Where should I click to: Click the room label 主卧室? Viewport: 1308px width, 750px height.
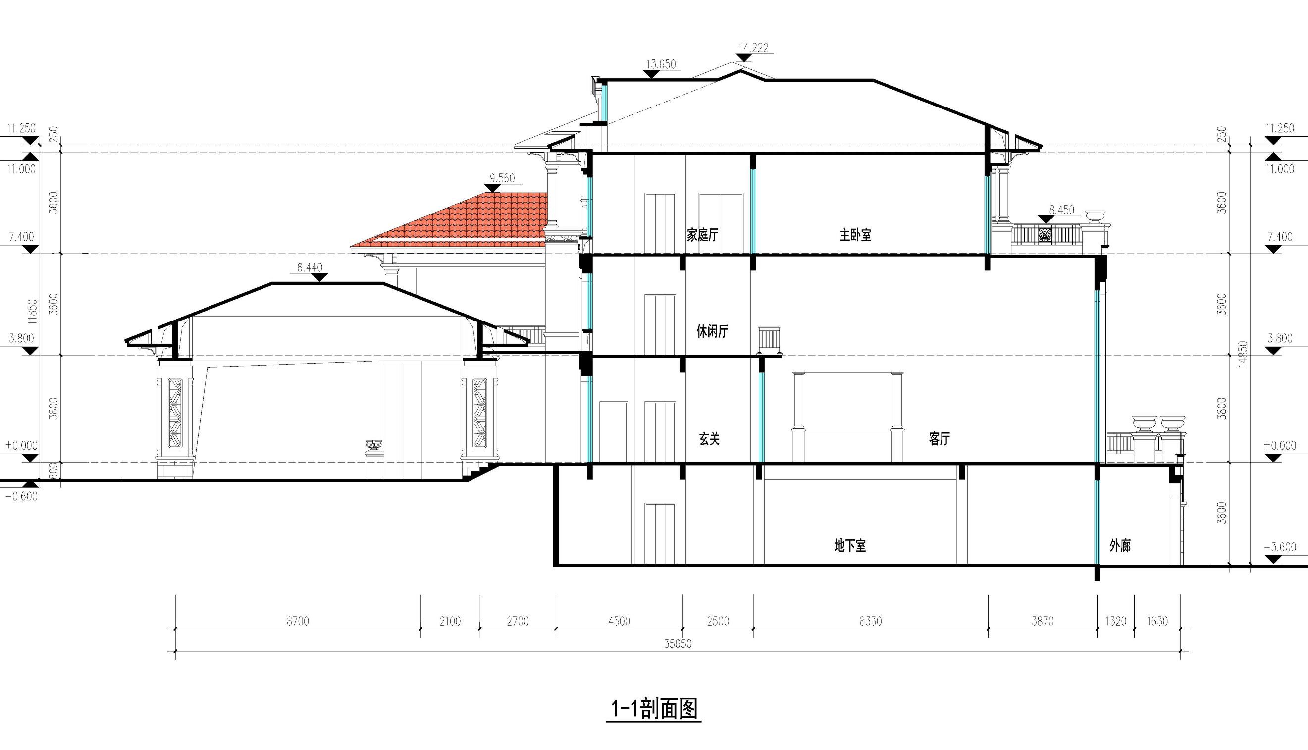tap(855, 235)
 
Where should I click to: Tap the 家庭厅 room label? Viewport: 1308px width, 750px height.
tap(702, 235)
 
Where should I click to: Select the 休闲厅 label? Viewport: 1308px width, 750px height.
tap(713, 331)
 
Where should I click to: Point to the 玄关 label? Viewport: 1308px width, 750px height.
tap(709, 439)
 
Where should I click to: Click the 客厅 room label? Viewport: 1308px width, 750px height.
tap(940, 439)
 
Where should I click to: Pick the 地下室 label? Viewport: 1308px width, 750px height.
tap(850, 546)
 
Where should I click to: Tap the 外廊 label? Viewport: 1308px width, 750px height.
tap(1120, 546)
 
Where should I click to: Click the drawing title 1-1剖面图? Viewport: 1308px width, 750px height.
tap(654, 709)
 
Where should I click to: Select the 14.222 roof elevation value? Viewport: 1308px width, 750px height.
tap(753, 48)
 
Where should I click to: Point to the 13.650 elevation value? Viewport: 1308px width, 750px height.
tap(661, 64)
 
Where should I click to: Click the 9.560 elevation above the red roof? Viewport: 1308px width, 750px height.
tap(502, 178)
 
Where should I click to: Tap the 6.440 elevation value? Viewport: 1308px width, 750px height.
tap(310, 268)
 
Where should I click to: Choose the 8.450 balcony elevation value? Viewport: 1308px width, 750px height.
tap(1062, 210)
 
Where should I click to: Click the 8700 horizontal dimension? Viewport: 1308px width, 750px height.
tap(298, 621)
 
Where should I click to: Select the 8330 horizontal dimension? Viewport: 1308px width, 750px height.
tap(870, 621)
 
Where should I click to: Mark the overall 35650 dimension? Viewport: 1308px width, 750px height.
tap(678, 644)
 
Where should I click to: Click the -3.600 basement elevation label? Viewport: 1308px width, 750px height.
tap(1280, 547)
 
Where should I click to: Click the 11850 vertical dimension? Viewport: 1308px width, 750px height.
tap(33, 312)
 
